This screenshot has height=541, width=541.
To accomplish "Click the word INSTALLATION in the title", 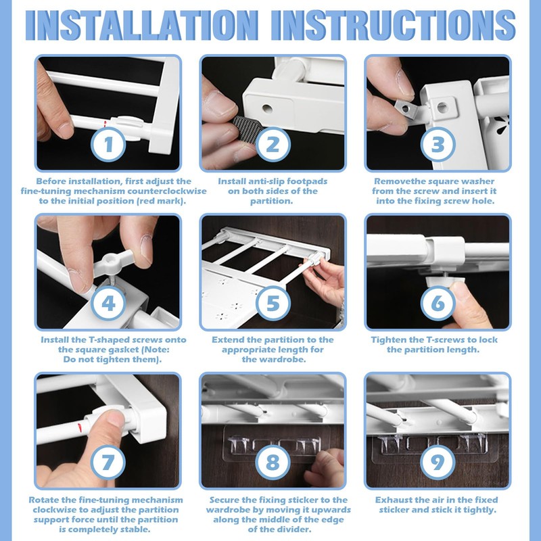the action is point(142,25).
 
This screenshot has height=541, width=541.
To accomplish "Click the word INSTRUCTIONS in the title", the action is point(393,25).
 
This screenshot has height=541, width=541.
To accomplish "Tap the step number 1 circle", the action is point(108,144).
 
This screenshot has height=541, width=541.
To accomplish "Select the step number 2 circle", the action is point(273,144).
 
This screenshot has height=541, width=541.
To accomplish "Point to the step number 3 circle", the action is point(438,144).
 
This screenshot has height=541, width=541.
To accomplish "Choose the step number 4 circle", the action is point(108,303).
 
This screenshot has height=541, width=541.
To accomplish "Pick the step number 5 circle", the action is point(273,303).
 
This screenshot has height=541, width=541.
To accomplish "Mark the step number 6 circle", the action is point(438,303).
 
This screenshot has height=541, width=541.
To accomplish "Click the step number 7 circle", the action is point(108,462).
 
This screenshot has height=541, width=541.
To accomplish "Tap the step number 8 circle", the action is point(273,462).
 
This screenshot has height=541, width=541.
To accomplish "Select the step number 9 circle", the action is point(438,462).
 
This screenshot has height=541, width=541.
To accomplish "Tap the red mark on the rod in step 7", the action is point(80,427).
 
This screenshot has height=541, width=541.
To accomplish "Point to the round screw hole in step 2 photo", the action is point(267,109).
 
